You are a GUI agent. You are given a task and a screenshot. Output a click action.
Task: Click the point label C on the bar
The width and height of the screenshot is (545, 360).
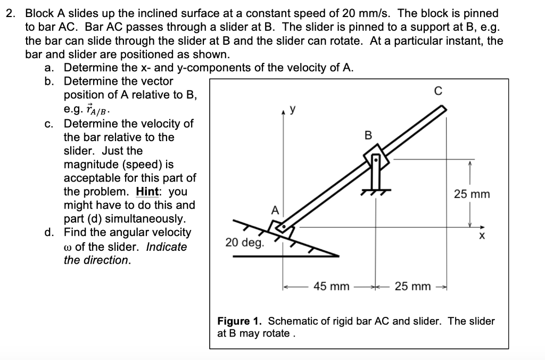click(439, 91)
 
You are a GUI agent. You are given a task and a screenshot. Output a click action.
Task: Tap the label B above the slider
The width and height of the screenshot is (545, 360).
click(367, 136)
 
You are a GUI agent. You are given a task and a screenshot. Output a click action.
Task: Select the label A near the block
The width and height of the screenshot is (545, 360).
click(275, 210)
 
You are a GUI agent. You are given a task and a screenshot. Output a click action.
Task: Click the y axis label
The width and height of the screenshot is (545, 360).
click(292, 110)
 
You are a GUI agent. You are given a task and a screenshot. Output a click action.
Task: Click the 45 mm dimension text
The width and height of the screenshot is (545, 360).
click(331, 287)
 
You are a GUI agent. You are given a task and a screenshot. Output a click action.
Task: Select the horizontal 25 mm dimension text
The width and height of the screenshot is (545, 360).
click(412, 287)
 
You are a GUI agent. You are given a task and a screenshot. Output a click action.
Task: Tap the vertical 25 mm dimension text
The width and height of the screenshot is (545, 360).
click(472, 194)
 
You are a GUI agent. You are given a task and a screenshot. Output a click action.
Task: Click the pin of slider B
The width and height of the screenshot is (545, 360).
click(376, 159)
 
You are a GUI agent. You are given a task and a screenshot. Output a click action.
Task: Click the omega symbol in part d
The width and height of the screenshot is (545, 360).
click(68, 247)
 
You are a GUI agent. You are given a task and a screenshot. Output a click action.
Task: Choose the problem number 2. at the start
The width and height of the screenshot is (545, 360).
click(12, 13)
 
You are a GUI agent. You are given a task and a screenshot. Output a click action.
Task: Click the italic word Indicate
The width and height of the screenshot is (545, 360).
click(167, 247)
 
